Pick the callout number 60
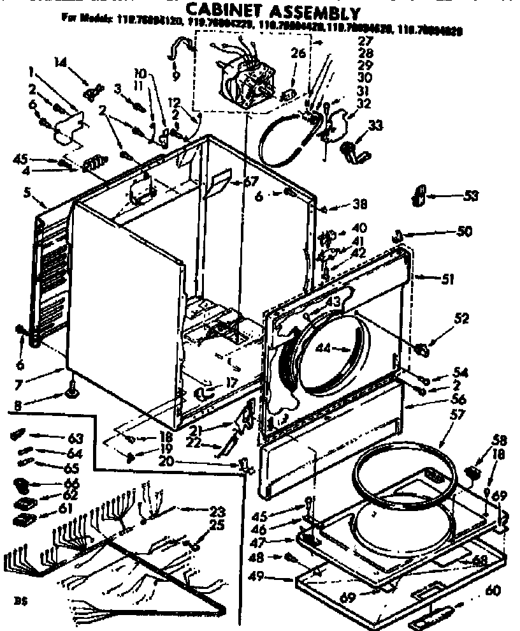coord(493,591)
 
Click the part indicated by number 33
coord(352,151)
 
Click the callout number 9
coord(176,76)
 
